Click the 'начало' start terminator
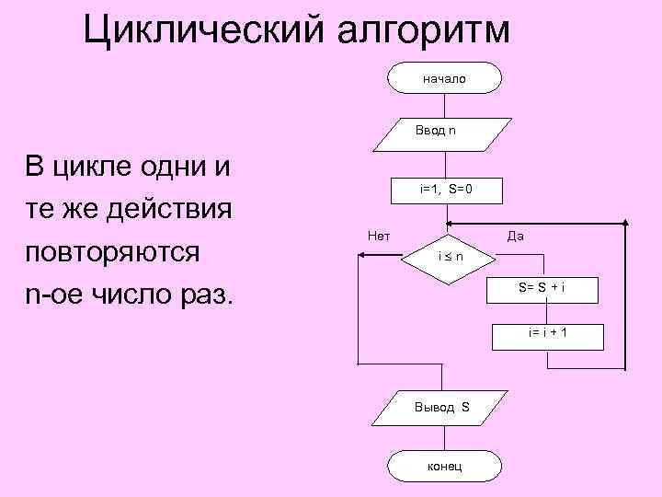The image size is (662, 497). tap(444, 78)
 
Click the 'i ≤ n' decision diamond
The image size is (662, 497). tap(448, 256)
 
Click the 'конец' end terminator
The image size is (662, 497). tap(445, 466)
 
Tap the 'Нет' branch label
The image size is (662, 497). tap(378, 237)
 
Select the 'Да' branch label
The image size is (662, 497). tap(516, 237)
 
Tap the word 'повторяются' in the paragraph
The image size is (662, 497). tap(115, 252)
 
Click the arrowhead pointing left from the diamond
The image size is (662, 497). tap(362, 257)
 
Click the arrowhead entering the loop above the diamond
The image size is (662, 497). tap(450, 224)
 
